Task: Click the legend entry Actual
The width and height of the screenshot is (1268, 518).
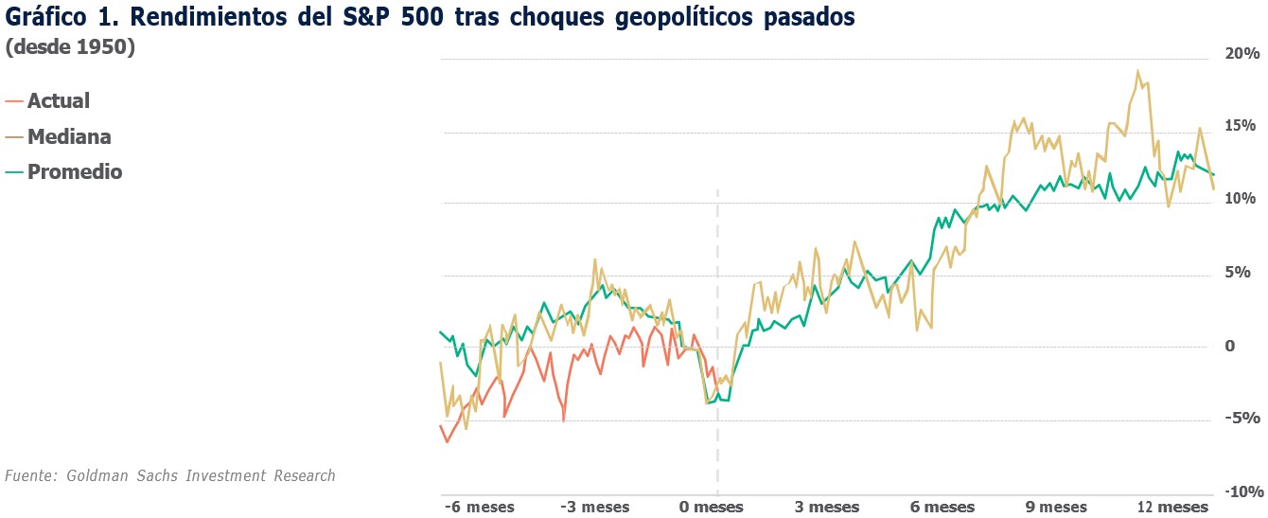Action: pos(58,100)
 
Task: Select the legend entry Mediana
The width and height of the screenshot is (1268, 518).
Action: pos(69,136)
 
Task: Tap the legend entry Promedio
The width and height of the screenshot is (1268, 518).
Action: pos(75,171)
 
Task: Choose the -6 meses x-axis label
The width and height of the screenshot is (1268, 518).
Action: pos(480,507)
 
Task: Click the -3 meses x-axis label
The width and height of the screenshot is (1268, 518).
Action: pos(594,507)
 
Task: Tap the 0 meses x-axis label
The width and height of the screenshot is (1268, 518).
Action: pos(712,507)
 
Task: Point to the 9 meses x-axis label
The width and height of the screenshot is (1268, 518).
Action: pos(1055,507)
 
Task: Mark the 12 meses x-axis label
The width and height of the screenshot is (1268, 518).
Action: pos(1172,507)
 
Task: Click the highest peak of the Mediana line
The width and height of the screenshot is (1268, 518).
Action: pos(1137,71)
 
